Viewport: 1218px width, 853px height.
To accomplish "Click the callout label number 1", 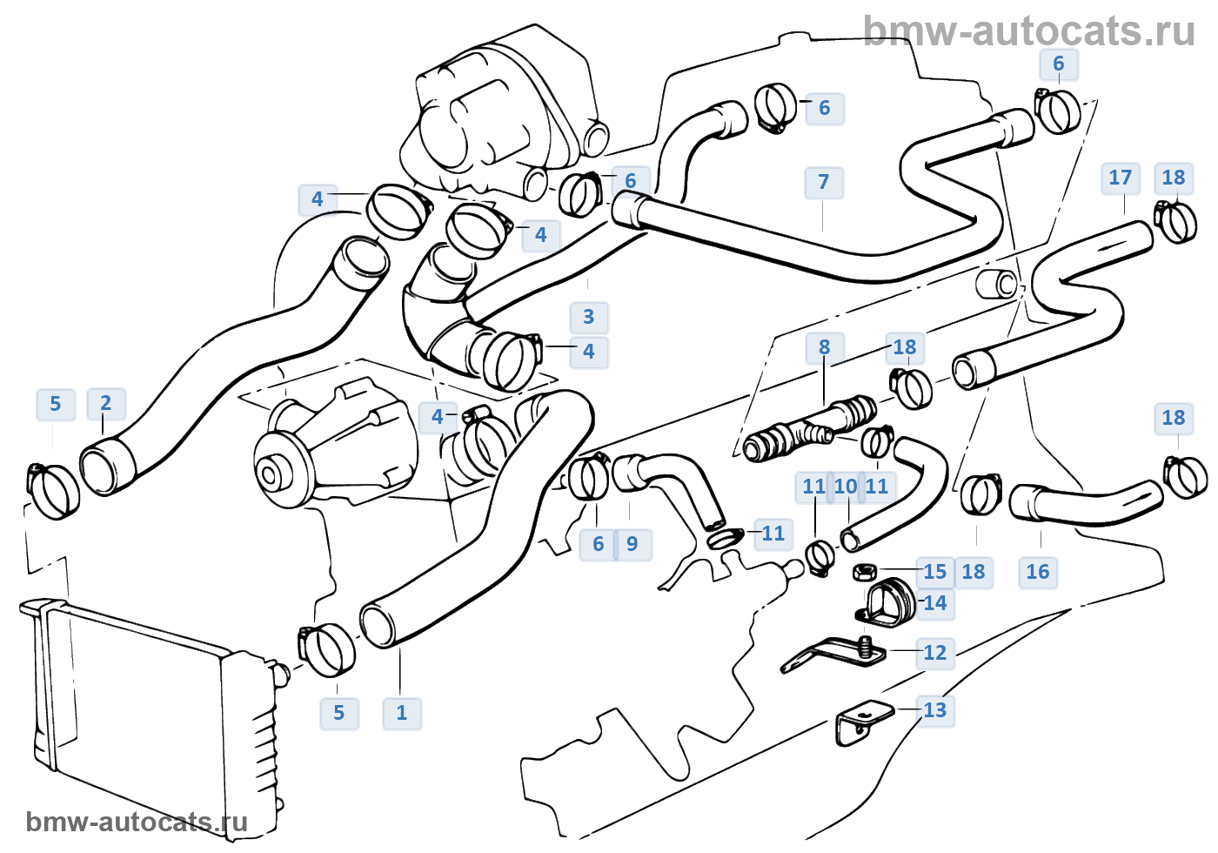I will [x=401, y=713].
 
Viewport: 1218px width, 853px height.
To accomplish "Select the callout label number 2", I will [x=106, y=403].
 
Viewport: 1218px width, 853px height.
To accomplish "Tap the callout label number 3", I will [x=589, y=317].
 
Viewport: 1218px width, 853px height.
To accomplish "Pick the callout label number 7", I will [x=824, y=182].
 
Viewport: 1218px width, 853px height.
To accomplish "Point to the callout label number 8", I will [x=824, y=347].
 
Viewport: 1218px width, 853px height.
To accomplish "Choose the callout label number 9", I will [x=632, y=544].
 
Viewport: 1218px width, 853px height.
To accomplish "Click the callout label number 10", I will [x=845, y=487].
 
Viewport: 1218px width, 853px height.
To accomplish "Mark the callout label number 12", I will [x=935, y=653].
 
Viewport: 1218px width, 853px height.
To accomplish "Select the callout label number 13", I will [x=935, y=710].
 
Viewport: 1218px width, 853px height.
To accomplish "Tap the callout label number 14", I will [x=935, y=603].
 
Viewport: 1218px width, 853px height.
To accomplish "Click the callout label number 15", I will [x=935, y=572].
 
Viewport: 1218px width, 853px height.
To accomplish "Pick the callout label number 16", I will [x=1038, y=572].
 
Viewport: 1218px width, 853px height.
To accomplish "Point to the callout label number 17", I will [x=1121, y=178].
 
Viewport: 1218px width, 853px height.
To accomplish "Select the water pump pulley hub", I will [x=270, y=475].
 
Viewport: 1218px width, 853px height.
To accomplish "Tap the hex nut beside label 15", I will [x=863, y=572].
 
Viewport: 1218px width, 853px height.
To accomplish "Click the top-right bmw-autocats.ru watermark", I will [x=1029, y=31].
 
